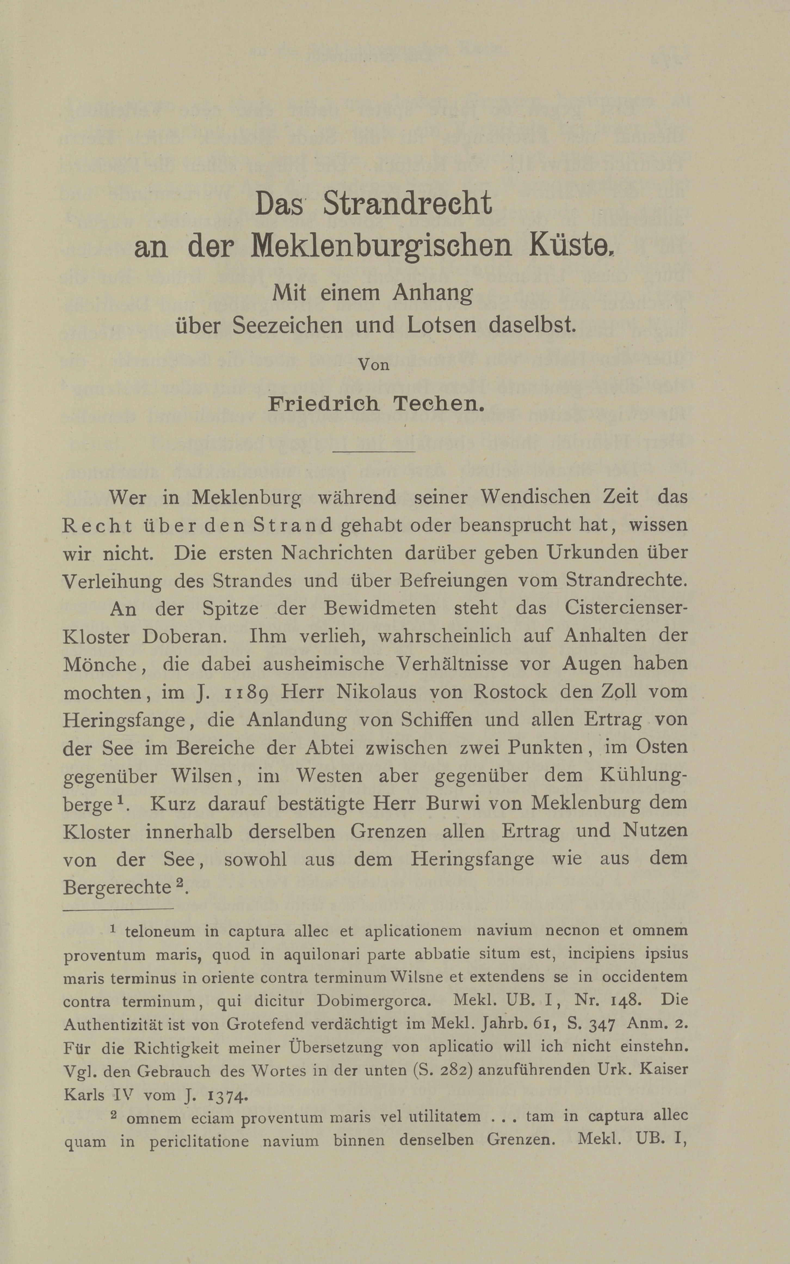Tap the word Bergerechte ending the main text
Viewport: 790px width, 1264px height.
point(117,887)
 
